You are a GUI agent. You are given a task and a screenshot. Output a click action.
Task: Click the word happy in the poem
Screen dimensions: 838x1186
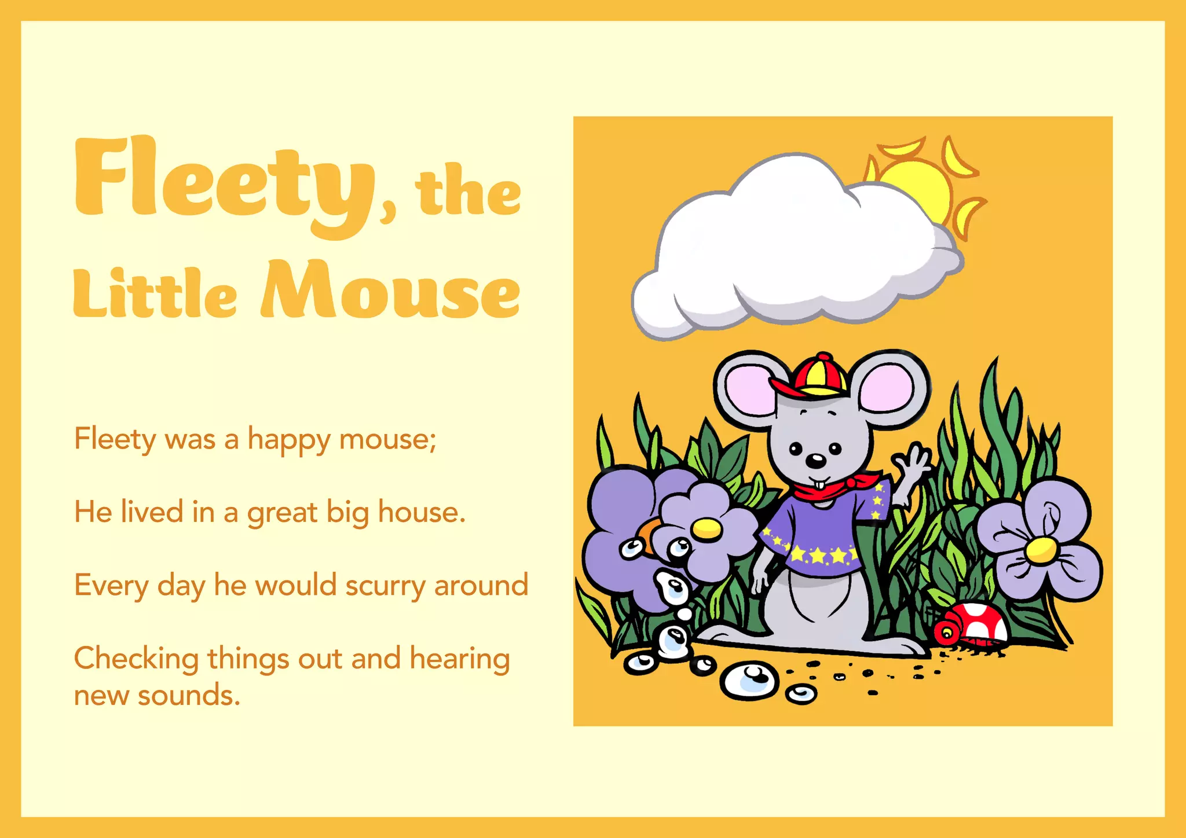click(x=289, y=440)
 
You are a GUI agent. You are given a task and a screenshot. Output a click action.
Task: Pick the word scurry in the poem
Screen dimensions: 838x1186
click(x=385, y=586)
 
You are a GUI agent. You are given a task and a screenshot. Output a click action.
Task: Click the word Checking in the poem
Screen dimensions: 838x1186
click(x=136, y=659)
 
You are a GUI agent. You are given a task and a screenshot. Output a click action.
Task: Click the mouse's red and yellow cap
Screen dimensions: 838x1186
click(x=814, y=376)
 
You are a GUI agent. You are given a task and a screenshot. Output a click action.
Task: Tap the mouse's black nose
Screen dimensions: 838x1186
click(x=816, y=461)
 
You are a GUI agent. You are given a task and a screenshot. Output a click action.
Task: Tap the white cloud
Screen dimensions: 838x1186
click(x=793, y=249)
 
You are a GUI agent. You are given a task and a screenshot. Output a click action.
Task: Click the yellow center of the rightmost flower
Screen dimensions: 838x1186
click(x=1041, y=550)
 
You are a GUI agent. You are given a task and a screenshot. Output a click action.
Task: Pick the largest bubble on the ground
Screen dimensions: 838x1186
click(x=749, y=680)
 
